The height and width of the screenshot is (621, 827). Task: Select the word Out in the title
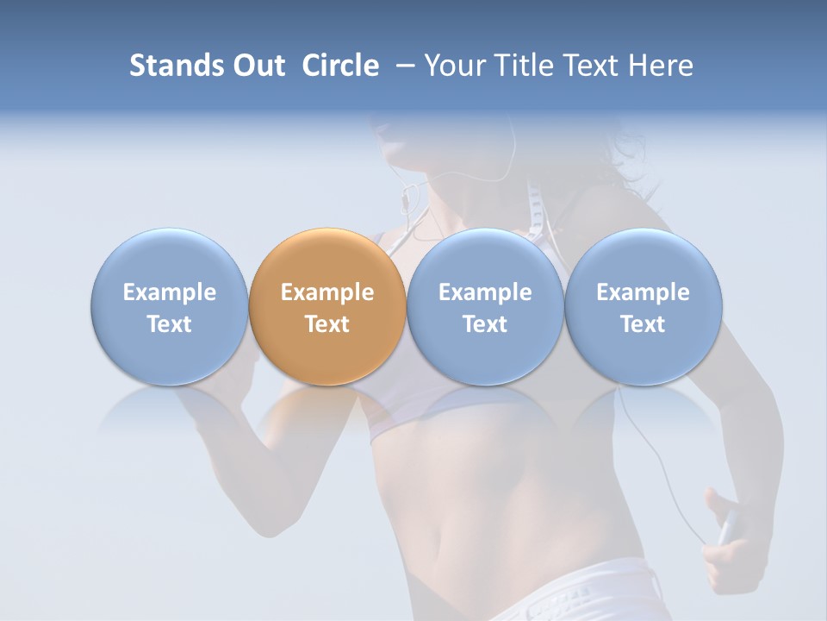tap(256, 66)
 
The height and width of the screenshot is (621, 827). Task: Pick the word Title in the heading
tap(518, 66)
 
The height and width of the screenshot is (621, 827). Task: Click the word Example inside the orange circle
tap(326, 292)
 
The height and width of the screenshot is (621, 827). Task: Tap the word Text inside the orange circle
tap(326, 324)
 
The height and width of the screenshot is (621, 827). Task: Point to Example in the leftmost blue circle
tap(169, 292)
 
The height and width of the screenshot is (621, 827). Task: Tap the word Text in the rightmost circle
tap(643, 324)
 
